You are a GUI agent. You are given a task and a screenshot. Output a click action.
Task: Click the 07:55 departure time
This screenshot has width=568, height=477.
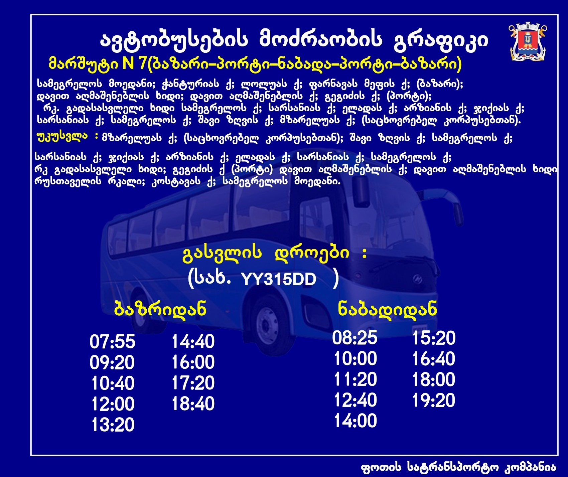point(113,342)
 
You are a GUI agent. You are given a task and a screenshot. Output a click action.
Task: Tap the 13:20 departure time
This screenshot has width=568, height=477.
point(113,425)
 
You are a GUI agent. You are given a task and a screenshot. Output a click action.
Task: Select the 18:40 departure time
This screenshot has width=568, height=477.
point(193,404)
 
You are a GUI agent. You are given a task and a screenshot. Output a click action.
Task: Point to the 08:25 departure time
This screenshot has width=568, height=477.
point(355,337)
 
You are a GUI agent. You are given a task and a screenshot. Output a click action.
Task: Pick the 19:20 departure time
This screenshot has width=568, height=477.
point(434,400)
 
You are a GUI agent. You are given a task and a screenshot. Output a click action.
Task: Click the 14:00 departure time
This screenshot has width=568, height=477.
point(356,421)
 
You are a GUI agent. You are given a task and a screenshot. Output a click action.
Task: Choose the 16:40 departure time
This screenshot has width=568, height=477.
point(434,359)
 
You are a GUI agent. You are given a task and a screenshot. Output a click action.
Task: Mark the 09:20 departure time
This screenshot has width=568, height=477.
point(112,363)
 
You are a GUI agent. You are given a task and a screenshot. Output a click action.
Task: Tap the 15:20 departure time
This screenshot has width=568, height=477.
point(434,338)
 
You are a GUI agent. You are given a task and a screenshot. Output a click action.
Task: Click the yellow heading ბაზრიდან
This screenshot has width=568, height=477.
point(160,309)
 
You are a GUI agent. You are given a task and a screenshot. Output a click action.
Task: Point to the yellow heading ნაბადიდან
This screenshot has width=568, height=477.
point(387,309)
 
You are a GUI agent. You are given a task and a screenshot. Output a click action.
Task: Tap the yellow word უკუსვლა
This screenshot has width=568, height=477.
point(62,137)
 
